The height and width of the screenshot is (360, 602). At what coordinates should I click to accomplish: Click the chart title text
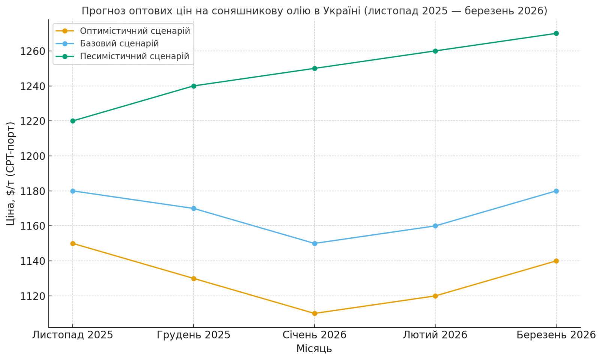(314, 11)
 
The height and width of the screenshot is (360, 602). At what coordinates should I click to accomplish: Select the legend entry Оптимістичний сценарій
(135, 31)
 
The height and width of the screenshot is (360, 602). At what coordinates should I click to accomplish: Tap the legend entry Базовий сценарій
(119, 43)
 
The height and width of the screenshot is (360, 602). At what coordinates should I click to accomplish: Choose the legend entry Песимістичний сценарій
(134, 56)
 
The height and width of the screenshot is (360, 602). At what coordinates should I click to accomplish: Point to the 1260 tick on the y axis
(32, 51)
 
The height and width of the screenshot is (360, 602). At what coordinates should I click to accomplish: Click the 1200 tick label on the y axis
(32, 156)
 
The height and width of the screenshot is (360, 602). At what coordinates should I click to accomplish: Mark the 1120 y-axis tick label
(32, 296)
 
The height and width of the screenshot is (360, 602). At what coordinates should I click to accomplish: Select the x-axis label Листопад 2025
(72, 335)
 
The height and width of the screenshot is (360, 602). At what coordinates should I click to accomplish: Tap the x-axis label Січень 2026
(315, 335)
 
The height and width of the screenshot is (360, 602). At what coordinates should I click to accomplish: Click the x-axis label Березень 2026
(556, 335)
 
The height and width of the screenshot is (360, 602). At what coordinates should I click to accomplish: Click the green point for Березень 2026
(556, 33)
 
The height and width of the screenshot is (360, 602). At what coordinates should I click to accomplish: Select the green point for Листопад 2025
(73, 121)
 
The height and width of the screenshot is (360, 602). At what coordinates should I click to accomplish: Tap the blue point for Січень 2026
(315, 243)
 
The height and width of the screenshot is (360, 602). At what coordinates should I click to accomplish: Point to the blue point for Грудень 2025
(194, 208)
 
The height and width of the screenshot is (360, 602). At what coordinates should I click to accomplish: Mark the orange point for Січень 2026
(315, 313)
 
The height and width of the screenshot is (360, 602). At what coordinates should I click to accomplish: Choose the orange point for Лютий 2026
(435, 296)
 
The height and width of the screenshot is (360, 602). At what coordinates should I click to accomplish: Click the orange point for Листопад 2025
(73, 243)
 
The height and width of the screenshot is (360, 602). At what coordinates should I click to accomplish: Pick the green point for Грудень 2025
(194, 86)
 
